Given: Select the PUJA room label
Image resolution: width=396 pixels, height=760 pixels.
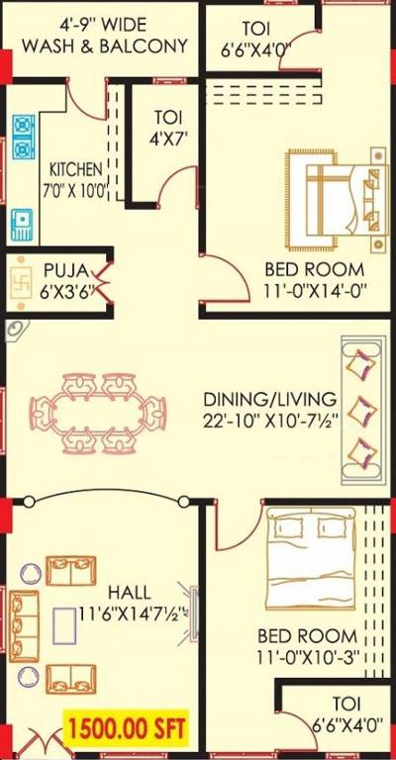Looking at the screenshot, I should (65, 269).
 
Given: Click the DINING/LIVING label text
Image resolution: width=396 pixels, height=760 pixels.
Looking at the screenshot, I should (269, 399).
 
